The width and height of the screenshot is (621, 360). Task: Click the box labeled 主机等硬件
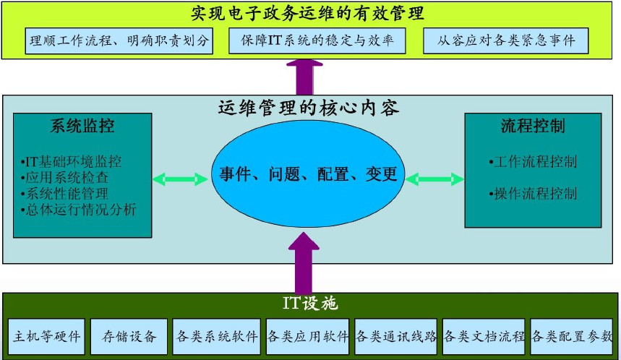[48, 336]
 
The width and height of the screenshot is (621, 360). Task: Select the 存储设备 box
[129, 336]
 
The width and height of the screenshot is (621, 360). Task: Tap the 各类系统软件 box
[216, 336]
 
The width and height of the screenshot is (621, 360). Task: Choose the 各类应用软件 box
[307, 336]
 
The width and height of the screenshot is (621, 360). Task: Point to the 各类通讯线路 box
[397, 336]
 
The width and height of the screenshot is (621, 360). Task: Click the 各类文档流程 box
[484, 336]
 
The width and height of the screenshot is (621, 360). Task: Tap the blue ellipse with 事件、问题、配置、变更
[308, 174]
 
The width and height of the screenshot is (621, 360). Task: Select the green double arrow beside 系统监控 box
[181, 178]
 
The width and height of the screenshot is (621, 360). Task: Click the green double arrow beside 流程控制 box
[435, 178]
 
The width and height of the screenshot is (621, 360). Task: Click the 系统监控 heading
[82, 126]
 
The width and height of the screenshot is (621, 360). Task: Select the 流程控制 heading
[533, 126]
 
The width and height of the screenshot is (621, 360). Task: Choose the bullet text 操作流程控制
[533, 193]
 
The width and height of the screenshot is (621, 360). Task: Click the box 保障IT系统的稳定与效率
[316, 40]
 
